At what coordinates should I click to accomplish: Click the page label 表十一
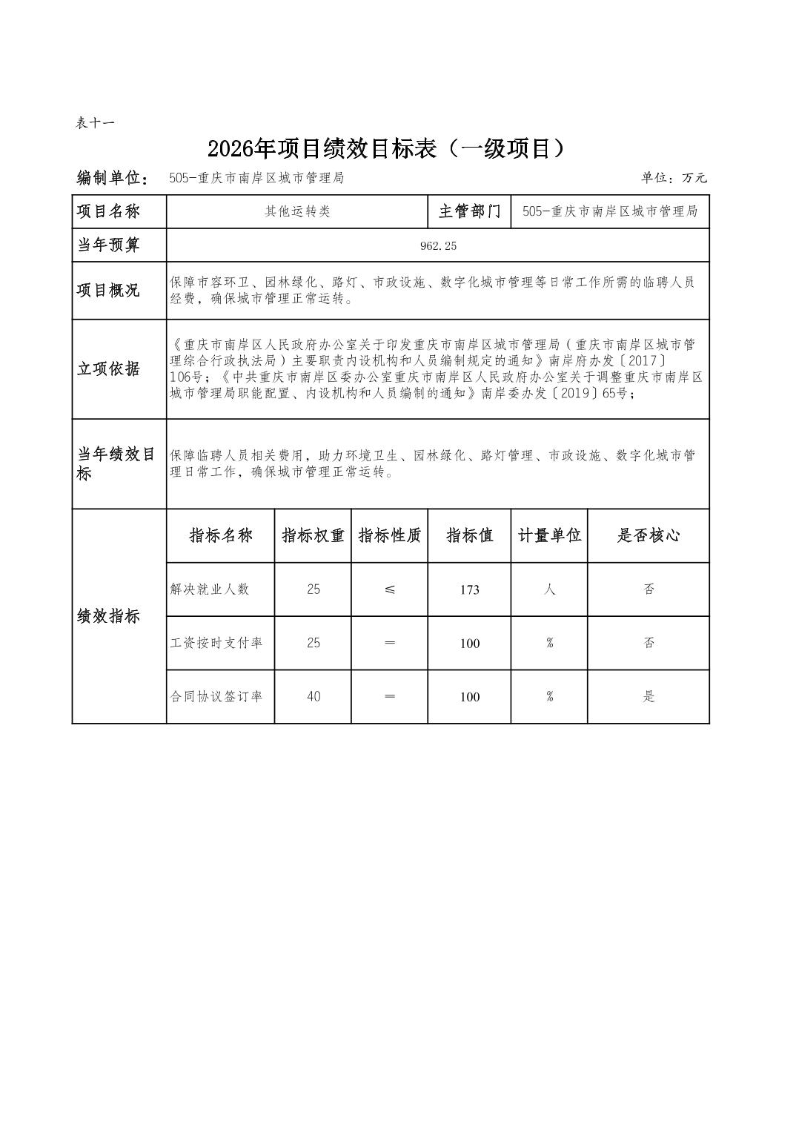pyautogui.click(x=95, y=123)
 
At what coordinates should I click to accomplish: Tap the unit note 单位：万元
pyautogui.click(x=674, y=178)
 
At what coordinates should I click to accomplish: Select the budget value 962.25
pyautogui.click(x=438, y=245)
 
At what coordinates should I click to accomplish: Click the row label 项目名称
pyautogui.click(x=108, y=212)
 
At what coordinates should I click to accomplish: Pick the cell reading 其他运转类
pyautogui.click(x=297, y=212)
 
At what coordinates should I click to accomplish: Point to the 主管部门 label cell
pyautogui.click(x=469, y=212)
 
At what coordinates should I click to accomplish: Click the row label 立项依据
pyautogui.click(x=108, y=369)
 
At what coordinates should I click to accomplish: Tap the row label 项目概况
pyautogui.click(x=108, y=291)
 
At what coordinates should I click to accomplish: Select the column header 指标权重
pyautogui.click(x=313, y=535)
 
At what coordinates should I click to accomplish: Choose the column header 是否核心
pyautogui.click(x=649, y=535)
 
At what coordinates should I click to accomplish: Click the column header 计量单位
pyautogui.click(x=549, y=535)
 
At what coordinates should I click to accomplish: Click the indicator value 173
pyautogui.click(x=469, y=590)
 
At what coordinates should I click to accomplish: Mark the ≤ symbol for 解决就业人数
pyautogui.click(x=390, y=589)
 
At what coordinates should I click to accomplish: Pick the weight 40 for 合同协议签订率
pyautogui.click(x=313, y=697)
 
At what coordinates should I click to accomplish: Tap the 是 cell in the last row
pyautogui.click(x=649, y=697)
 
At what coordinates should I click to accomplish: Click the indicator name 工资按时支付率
pyautogui.click(x=216, y=643)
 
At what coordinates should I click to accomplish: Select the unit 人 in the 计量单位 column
pyautogui.click(x=549, y=589)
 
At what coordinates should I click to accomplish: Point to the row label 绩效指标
pyautogui.click(x=108, y=617)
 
